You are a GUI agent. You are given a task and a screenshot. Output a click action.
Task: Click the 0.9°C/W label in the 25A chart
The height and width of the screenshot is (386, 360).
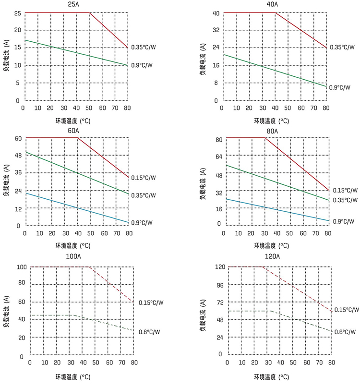tap(142, 65)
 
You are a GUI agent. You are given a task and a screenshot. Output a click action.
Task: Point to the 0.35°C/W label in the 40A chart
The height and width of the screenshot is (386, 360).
tap(342, 48)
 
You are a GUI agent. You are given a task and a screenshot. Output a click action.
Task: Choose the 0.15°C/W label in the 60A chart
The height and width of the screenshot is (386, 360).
tap(144, 178)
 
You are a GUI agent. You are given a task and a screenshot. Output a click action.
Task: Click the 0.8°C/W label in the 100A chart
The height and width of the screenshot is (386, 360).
tap(149, 332)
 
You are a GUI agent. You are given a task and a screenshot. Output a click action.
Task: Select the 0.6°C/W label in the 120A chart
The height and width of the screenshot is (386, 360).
tap(345, 332)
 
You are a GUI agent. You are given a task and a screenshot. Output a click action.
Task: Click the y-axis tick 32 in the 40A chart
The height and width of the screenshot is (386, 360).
tap(216, 30)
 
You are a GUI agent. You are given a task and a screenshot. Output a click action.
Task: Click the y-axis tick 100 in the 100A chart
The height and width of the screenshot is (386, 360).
tap(20, 267)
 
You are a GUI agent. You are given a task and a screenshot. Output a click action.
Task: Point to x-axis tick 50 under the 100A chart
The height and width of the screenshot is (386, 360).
tap(96, 363)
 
